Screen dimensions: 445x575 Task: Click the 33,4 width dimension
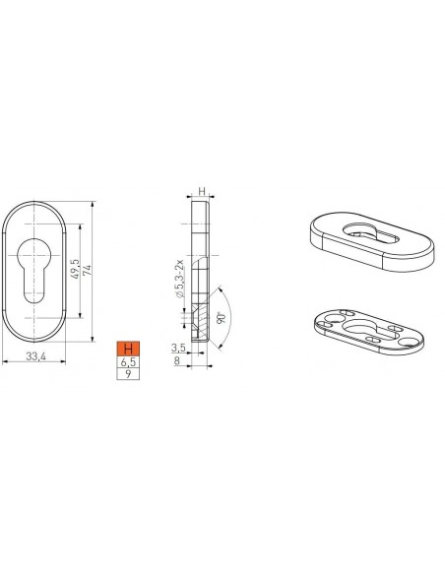pyautogui.click(x=35, y=356)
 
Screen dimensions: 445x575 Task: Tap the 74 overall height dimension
pyautogui.click(x=87, y=271)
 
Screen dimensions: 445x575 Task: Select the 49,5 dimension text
pyautogui.click(x=75, y=269)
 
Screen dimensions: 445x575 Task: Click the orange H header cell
pyautogui.click(x=128, y=349)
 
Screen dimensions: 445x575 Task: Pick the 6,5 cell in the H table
pyautogui.click(x=128, y=362)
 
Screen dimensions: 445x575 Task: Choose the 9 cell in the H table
pyautogui.click(x=128, y=374)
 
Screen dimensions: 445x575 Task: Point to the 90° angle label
pyautogui.click(x=221, y=318)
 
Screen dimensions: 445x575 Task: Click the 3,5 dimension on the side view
pyautogui.click(x=178, y=348)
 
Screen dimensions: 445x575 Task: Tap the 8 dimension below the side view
pyautogui.click(x=177, y=360)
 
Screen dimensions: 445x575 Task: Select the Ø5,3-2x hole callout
pyautogui.click(x=179, y=279)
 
